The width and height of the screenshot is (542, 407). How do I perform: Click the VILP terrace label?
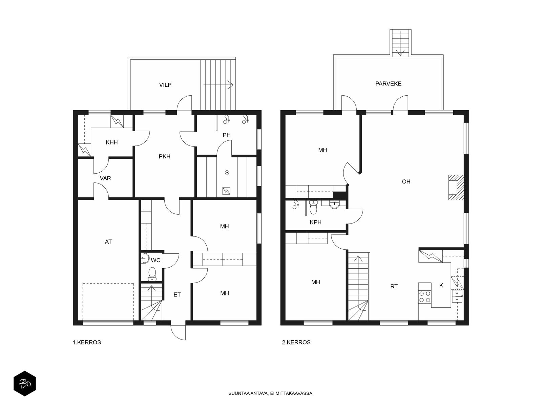165,85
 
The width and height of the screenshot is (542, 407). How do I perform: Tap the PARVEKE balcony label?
388,84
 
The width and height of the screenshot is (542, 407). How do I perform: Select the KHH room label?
111,142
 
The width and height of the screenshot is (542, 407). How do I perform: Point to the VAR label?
105,178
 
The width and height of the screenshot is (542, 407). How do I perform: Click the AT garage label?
108,242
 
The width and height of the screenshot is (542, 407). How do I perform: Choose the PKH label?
164,156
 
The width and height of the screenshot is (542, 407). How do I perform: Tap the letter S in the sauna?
227,173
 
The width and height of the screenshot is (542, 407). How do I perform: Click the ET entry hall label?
177,294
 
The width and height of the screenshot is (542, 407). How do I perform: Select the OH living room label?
406,182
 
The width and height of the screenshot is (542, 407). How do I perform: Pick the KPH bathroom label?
315,222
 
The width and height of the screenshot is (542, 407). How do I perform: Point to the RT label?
394,286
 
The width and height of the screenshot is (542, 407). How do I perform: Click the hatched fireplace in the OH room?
456,188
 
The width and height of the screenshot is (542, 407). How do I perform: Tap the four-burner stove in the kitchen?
425,296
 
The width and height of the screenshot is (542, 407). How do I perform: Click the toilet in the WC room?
152,274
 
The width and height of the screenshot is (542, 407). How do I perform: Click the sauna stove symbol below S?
226,191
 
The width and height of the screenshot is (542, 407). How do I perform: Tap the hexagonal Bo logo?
25,384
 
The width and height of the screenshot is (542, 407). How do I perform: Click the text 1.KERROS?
87,343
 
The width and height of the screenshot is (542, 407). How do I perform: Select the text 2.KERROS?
296,343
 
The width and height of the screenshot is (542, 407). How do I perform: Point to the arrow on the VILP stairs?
218,85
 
